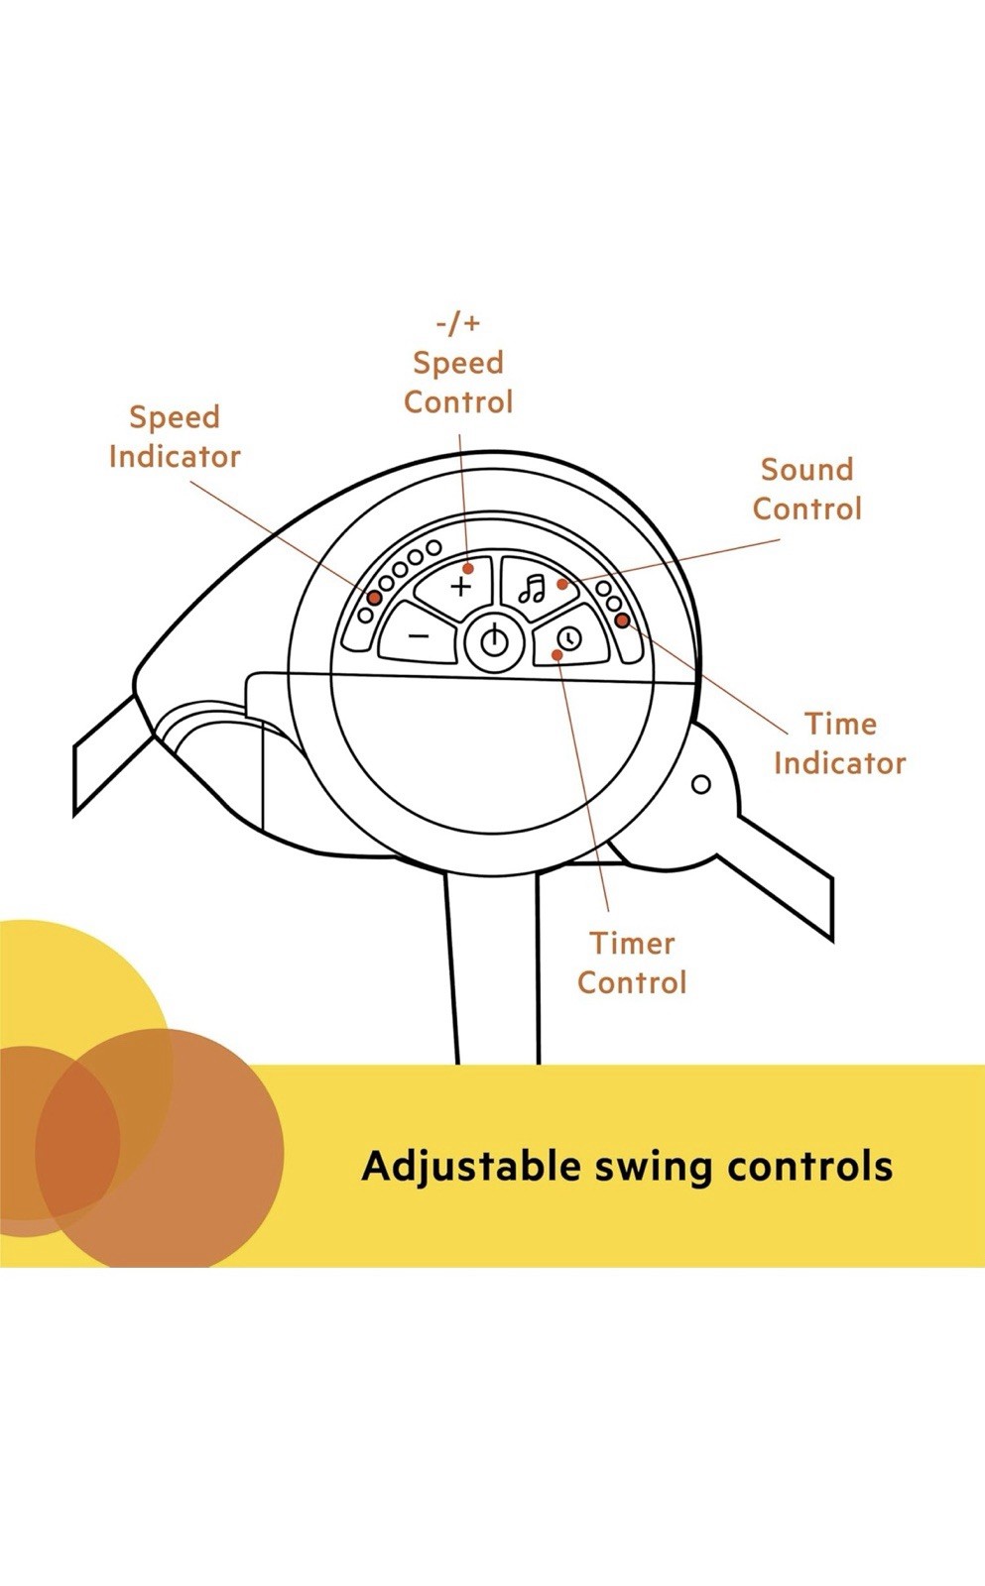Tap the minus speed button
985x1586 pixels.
tap(420, 636)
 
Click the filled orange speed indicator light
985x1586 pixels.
tap(374, 598)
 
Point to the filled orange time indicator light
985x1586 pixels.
tap(622, 621)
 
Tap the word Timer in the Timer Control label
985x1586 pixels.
tap(632, 943)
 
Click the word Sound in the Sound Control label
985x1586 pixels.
tap(806, 469)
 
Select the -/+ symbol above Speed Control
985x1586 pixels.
tap(458, 323)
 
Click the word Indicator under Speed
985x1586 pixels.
tap(175, 457)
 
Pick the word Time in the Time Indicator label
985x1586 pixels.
tap(840, 724)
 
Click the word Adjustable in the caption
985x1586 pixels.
tap(471, 1167)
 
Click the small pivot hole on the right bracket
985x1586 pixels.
tap(700, 785)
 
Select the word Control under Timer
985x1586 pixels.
tap(632, 982)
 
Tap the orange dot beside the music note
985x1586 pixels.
tap(562, 584)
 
